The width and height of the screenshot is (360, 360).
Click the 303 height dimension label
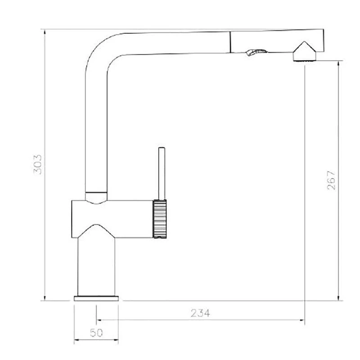click(x=38, y=164)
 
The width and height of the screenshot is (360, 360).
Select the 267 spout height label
click(x=331, y=180)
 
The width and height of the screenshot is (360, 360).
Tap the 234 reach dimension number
click(x=200, y=313)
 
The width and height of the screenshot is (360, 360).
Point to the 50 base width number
click(x=96, y=333)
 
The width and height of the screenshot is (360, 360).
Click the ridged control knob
click(x=160, y=219)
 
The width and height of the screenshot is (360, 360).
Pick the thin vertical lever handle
click(x=162, y=173)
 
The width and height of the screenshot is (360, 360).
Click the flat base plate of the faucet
click(x=96, y=298)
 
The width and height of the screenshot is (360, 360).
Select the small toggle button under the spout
click(x=256, y=52)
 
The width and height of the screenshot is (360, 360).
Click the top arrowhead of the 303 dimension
click(x=45, y=31)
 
